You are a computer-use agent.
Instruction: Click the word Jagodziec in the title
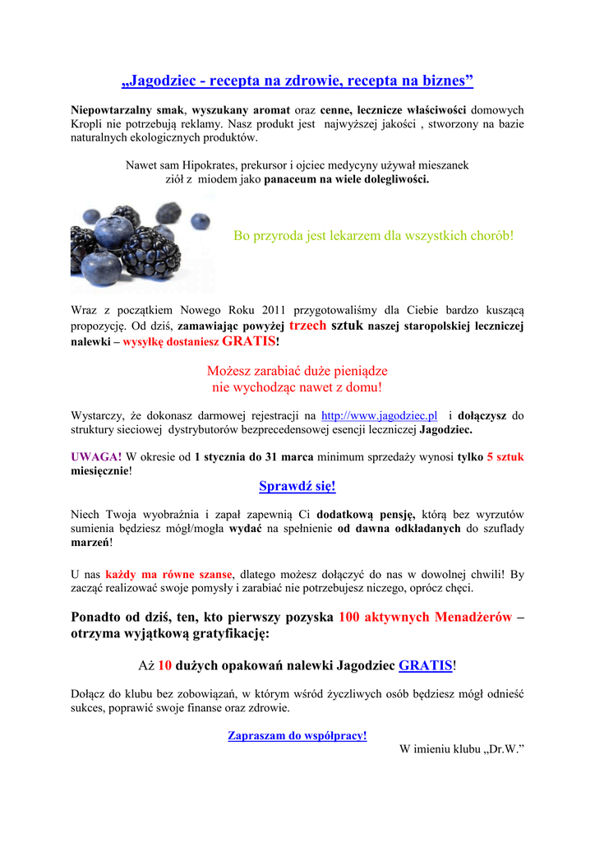(x=164, y=81)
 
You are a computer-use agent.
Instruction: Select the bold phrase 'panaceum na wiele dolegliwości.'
(x=346, y=178)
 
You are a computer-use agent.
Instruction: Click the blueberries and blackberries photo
(x=141, y=243)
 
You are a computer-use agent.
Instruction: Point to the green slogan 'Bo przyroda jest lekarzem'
(x=374, y=236)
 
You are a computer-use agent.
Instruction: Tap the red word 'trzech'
(x=308, y=325)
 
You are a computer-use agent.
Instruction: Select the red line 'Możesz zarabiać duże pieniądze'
(x=297, y=371)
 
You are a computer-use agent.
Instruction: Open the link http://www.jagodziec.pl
(x=379, y=415)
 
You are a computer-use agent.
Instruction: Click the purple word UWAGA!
(x=96, y=456)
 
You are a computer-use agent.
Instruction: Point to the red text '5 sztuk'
(x=505, y=456)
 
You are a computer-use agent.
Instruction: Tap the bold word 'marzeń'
(x=90, y=543)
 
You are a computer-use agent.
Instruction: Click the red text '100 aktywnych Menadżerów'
(x=425, y=617)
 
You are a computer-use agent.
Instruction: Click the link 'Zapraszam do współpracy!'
(x=297, y=736)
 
